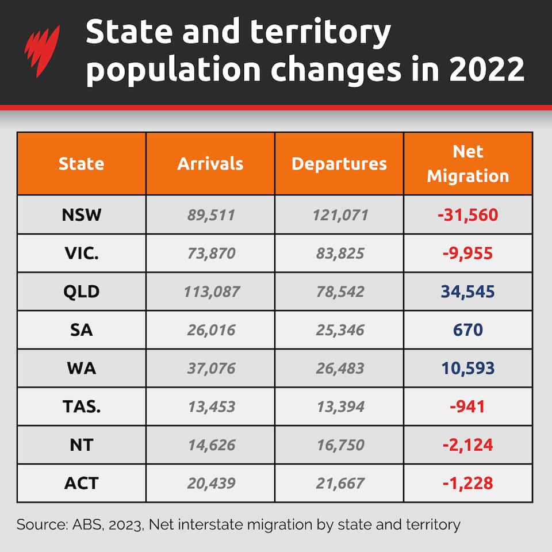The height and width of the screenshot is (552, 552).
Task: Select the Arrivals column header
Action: point(210,164)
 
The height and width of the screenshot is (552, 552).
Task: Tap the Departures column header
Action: point(339,164)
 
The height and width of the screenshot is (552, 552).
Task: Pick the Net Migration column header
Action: point(468,164)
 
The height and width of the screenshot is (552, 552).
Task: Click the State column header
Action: point(82,164)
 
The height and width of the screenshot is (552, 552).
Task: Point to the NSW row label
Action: point(82,215)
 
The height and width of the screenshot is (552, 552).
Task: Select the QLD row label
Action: point(82,292)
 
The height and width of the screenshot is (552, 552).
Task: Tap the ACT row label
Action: point(82,484)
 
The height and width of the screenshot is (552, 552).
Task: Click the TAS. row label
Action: point(82,407)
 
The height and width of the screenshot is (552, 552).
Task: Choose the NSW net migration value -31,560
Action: point(467,215)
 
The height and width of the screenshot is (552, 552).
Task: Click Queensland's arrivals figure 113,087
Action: point(211,292)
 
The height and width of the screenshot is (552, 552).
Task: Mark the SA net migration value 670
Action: point(467,330)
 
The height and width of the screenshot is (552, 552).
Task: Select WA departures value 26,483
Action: point(339,369)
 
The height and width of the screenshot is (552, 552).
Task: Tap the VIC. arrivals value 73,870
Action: point(211,254)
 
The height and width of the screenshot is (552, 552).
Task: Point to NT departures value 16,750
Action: point(339,445)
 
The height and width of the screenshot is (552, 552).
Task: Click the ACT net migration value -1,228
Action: point(467,484)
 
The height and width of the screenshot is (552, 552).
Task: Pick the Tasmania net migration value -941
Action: point(467,407)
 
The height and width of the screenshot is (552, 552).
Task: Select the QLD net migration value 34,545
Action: point(467,292)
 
